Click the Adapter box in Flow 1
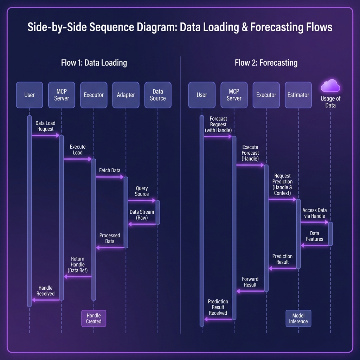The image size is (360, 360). coord(126,95)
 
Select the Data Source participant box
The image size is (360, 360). coord(158,95)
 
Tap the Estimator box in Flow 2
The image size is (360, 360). coord(298,95)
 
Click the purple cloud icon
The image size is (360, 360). coord(330,86)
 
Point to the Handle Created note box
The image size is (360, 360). coord(94,318)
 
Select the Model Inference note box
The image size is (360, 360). coord(298,318)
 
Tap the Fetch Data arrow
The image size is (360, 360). coord(110,177)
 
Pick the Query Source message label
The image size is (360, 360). coord(142,191)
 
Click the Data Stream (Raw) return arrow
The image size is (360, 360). coord(142,224)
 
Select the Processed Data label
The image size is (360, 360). coord(110,238)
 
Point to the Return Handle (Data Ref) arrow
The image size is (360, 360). coord(78,277)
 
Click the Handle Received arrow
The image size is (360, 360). coord(46,300)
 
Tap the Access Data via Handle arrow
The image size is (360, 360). coord(314,222)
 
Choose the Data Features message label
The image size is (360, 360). coord(314,236)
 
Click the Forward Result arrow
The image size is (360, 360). coord(250,291)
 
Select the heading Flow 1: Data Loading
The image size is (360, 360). coord(94,63)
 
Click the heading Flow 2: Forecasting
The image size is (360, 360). coord(266,63)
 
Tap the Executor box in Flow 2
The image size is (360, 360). coord(266,95)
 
